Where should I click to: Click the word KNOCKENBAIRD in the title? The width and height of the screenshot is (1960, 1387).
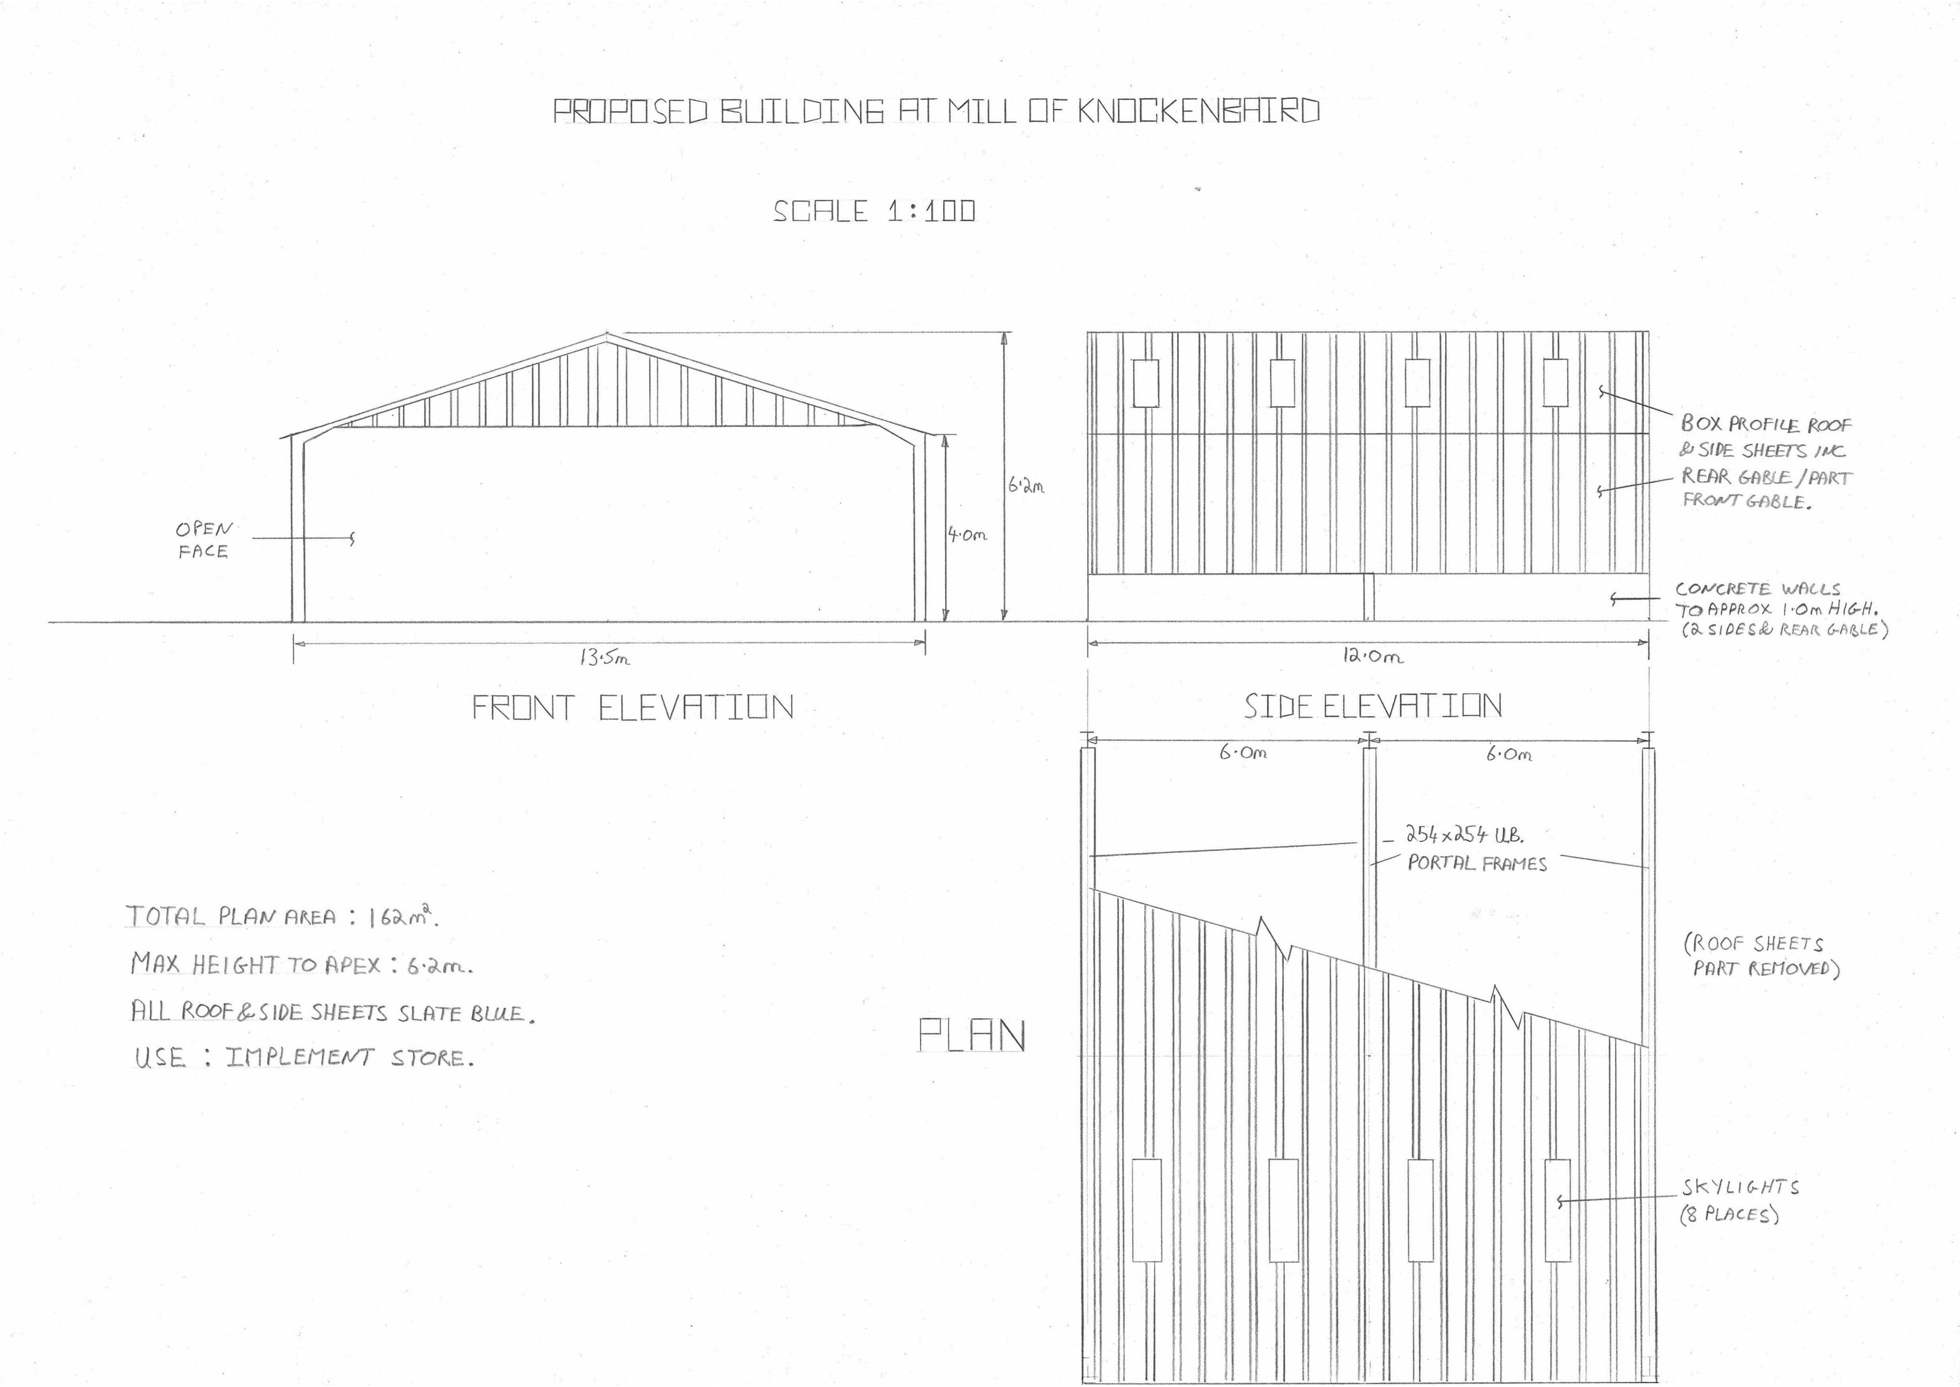tap(1199, 111)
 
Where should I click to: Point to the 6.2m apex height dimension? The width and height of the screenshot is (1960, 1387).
tap(1025, 486)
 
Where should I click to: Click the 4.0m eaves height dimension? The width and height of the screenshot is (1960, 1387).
tap(967, 535)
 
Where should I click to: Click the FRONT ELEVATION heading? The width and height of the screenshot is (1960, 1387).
tap(633, 707)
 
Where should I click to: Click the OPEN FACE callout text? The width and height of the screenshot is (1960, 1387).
tap(203, 540)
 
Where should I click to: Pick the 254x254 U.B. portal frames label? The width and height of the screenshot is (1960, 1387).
tap(1477, 848)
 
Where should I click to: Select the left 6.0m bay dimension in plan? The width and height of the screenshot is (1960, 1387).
tap(1243, 753)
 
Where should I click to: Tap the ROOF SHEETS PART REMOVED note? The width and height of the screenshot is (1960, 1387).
tap(1761, 956)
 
